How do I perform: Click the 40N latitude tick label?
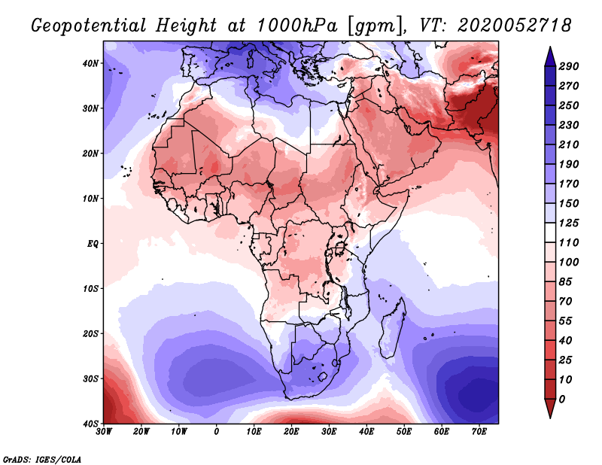(90, 63)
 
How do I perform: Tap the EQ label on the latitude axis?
(93, 244)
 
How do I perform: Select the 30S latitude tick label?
(90, 379)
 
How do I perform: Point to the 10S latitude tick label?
(90, 289)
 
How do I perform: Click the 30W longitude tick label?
(104, 432)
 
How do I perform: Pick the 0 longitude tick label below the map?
(217, 432)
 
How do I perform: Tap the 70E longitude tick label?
(479, 432)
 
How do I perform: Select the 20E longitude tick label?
(291, 432)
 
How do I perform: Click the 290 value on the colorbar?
(569, 66)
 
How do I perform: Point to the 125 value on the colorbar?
(569, 223)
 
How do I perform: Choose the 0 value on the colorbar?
(562, 400)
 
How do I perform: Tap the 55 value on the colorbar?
(565, 321)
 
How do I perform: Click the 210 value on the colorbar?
(569, 144)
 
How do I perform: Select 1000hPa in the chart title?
(296, 26)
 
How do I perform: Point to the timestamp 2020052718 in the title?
(515, 26)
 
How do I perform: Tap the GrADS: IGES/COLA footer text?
(42, 460)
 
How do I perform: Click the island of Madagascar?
(393, 328)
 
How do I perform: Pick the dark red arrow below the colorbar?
(550, 408)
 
